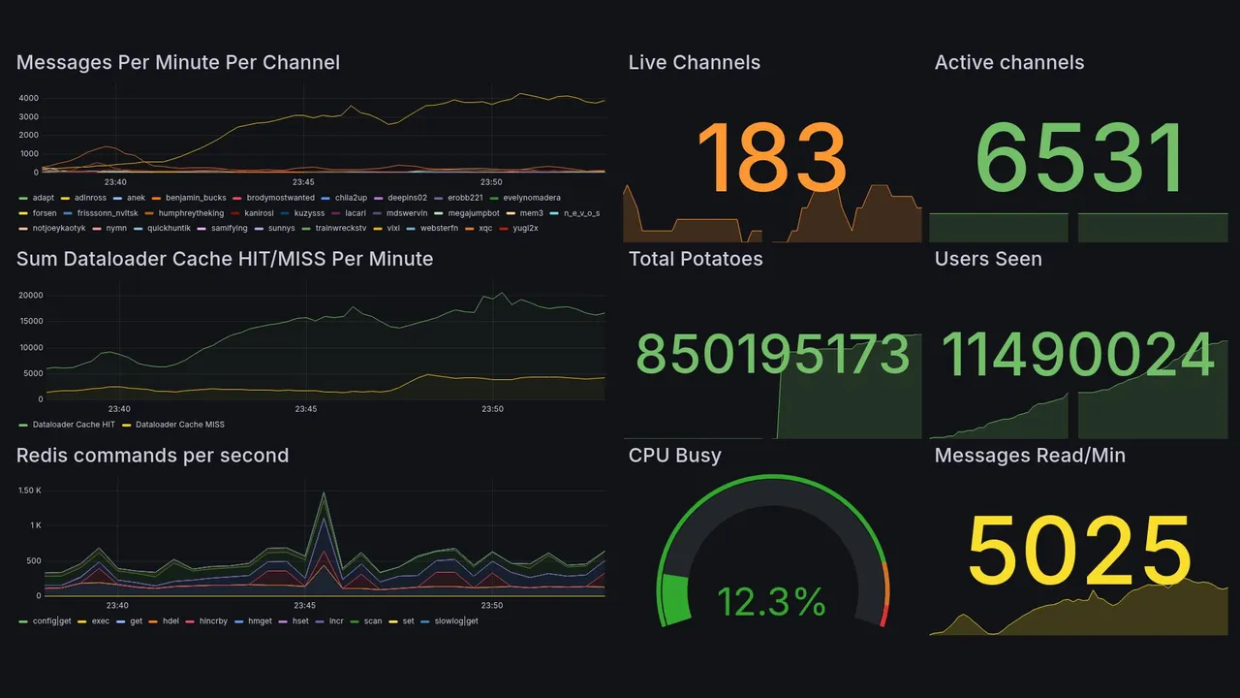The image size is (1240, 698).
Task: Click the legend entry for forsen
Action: (x=44, y=213)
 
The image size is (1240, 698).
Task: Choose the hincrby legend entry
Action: (x=212, y=620)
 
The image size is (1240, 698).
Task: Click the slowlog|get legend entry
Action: (x=456, y=620)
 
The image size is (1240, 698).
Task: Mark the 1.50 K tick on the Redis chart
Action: (x=29, y=491)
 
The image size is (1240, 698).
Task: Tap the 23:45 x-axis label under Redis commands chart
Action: (x=304, y=606)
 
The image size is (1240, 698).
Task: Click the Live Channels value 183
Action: (x=772, y=158)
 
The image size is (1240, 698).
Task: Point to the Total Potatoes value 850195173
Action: (x=772, y=355)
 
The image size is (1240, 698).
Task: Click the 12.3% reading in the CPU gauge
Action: (x=772, y=602)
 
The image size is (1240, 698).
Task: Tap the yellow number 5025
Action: (x=1079, y=551)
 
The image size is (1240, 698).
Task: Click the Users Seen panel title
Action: (x=988, y=259)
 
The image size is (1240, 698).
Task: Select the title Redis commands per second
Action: (x=152, y=456)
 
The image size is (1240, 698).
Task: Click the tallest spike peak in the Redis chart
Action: (x=324, y=493)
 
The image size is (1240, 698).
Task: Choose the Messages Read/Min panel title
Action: (x=1030, y=456)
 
